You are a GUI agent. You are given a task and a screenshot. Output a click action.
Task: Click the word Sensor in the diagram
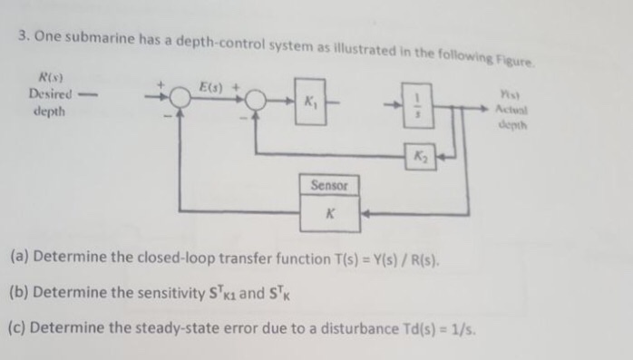click(329, 185)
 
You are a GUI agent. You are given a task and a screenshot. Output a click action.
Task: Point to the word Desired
click(46, 94)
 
